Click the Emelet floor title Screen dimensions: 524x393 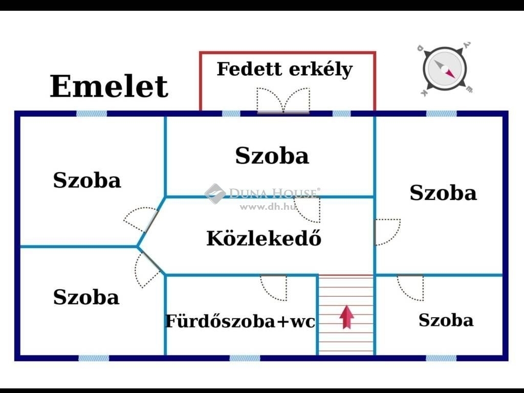click(109, 86)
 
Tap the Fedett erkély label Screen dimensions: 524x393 click(285, 70)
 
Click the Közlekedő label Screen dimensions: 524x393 click(264, 238)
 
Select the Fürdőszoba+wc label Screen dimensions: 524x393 click(241, 321)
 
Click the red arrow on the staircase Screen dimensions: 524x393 click(346, 317)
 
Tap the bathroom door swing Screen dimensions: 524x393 click(274, 288)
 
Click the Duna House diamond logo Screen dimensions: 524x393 click(215, 193)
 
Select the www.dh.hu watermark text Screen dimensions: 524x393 click(268, 207)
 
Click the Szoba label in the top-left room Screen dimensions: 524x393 click(87, 180)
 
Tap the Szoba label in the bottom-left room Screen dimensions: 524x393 click(86, 297)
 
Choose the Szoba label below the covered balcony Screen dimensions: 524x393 click(272, 156)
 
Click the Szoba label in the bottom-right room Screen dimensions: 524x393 click(446, 320)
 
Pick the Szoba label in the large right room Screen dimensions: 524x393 click(443, 192)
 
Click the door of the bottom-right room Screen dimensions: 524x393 click(410, 288)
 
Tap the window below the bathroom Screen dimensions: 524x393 click(245, 358)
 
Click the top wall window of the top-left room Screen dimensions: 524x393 click(92, 114)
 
